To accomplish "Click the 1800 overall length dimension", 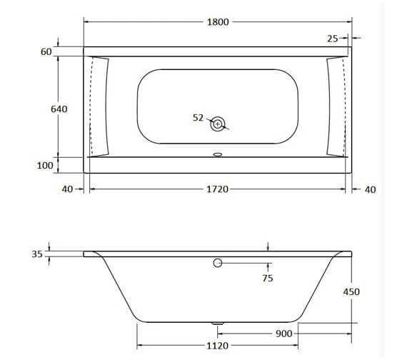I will click(217, 21).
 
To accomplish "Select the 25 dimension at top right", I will click(333, 38).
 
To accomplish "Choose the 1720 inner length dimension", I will click(217, 189).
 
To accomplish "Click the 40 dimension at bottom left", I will click(68, 189).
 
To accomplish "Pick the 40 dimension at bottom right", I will click(369, 189).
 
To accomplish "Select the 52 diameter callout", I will click(199, 118).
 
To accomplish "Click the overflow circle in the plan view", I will click(218, 124).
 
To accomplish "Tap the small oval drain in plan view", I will click(218, 152).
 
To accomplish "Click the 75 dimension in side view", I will click(267, 278).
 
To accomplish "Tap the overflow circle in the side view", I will click(218, 264).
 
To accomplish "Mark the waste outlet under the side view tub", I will click(218, 324).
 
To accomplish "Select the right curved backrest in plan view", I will click(336, 105).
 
